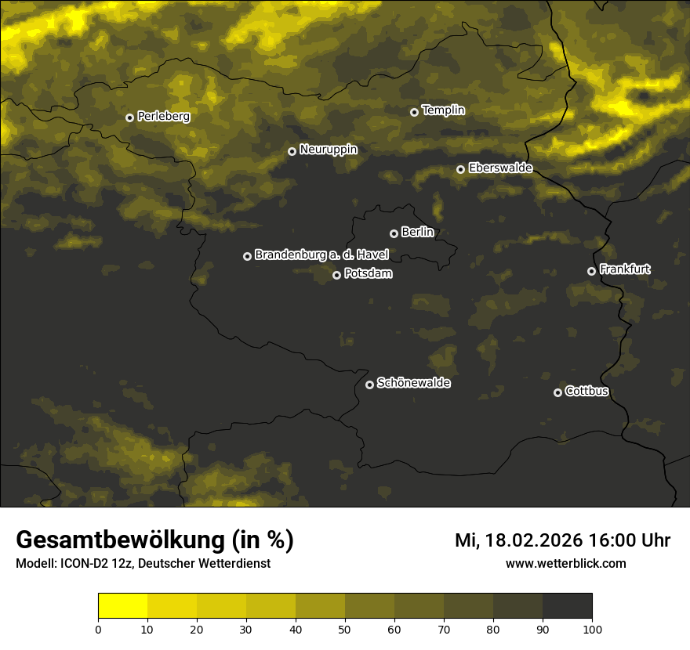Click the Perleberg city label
163,117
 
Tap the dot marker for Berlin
394,233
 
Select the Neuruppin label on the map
328,150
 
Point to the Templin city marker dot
414,112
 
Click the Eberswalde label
500,168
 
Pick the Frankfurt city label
624,269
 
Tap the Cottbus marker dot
557,392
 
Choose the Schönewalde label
413,383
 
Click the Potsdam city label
368,274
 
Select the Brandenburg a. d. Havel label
321,255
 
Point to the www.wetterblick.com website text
565,563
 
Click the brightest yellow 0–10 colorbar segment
123,606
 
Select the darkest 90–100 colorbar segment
567,606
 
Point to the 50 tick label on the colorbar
345,629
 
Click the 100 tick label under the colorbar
592,629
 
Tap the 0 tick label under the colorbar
98,629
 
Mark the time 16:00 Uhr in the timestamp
631,540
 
